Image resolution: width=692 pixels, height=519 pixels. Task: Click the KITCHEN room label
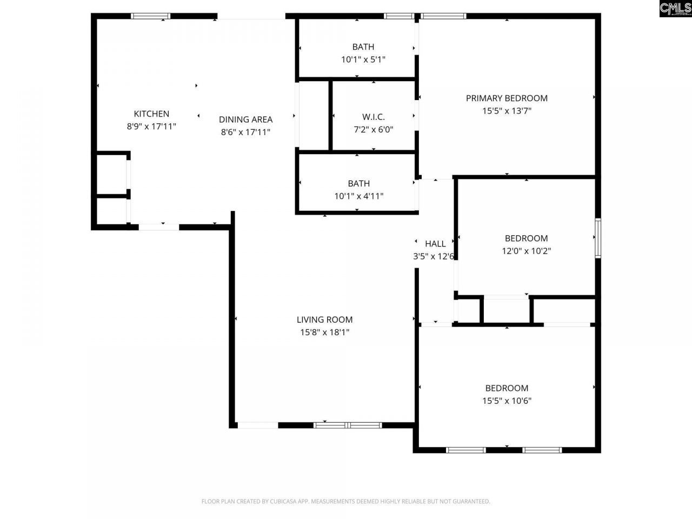(x=151, y=114)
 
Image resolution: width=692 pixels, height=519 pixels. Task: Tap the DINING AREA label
(x=245, y=119)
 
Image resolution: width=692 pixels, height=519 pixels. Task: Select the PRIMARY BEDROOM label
(x=507, y=98)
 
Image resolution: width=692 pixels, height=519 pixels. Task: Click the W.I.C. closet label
(x=374, y=117)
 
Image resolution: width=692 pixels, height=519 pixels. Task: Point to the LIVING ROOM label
(x=324, y=320)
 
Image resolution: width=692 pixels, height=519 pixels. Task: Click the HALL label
(x=435, y=243)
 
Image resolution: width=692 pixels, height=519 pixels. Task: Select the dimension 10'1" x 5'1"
(x=363, y=59)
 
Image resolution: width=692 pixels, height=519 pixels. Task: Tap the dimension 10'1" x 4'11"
(x=358, y=196)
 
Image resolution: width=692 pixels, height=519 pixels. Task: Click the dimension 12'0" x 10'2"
(x=526, y=251)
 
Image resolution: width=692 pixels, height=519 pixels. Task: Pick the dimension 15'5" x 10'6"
(x=507, y=401)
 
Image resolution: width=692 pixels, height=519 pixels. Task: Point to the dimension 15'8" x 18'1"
(x=324, y=332)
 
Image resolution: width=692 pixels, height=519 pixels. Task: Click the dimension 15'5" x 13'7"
(x=507, y=111)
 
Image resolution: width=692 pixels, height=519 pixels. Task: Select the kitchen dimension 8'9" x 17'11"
(x=151, y=127)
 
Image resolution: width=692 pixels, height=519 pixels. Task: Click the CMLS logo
(x=675, y=9)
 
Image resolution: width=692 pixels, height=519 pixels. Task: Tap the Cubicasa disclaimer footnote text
(x=346, y=501)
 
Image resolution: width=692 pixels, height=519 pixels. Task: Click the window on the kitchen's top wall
(x=151, y=16)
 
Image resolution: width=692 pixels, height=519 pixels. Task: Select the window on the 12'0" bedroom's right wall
(x=598, y=237)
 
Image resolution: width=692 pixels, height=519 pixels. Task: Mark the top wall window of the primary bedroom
(x=443, y=16)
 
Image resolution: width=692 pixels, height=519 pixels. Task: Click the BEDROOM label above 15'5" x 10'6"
(x=507, y=388)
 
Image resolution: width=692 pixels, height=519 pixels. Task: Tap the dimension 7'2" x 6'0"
(x=374, y=130)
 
